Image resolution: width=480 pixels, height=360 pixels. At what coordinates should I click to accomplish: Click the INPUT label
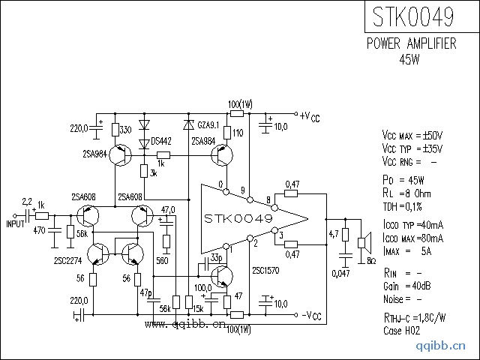point(15,223)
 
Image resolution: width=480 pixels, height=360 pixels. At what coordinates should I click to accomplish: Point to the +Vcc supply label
point(309,116)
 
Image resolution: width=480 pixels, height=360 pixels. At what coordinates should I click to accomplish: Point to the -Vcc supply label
point(310,315)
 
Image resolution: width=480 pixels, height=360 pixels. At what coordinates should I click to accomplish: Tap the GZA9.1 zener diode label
point(210,124)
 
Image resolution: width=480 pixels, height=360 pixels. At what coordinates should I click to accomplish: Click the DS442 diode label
point(161,140)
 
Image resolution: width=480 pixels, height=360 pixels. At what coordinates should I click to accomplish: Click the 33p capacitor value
point(217,257)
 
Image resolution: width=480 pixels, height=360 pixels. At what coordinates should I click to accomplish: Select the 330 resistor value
point(127,130)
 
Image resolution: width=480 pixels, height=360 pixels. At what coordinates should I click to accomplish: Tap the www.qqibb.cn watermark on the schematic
point(184,325)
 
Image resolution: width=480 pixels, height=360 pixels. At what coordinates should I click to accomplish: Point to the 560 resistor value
point(162,260)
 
